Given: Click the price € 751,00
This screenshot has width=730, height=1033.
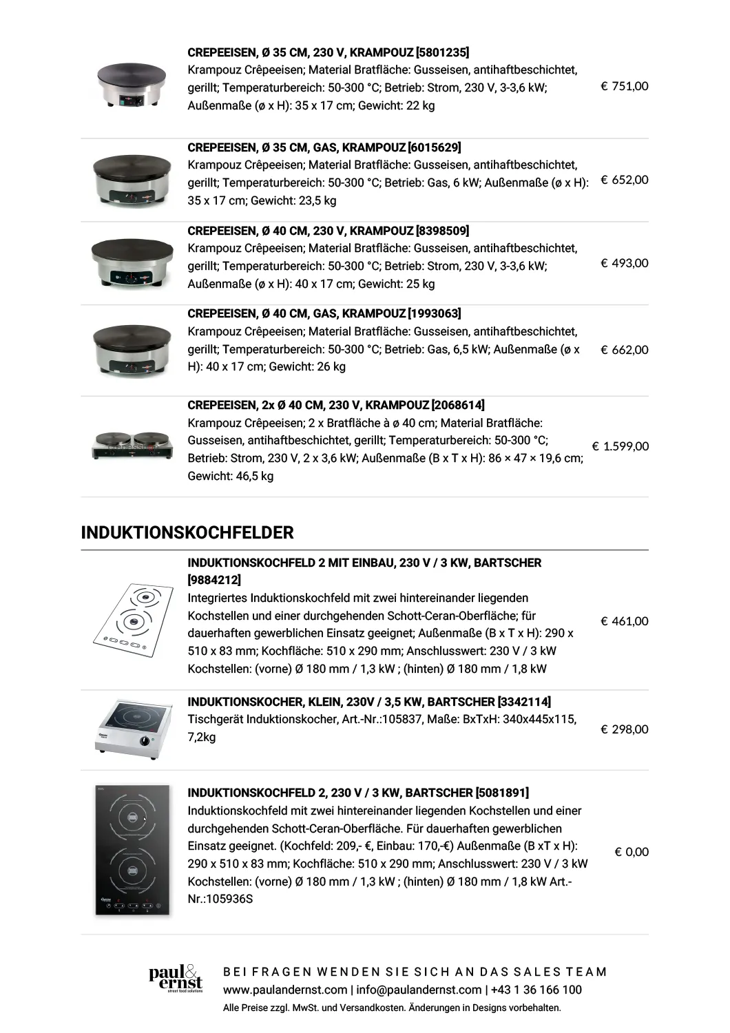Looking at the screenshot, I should [x=624, y=86].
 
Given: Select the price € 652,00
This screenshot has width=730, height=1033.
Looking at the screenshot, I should [x=624, y=180].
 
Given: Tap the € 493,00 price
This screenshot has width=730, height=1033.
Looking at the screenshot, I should [x=624, y=263].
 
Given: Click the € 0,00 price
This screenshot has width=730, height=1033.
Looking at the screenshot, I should [x=632, y=852].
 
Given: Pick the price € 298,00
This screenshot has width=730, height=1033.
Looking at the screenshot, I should [x=624, y=729].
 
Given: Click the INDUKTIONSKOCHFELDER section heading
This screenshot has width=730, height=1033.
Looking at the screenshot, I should [x=187, y=532].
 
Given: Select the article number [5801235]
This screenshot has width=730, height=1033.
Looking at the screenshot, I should [x=443, y=52].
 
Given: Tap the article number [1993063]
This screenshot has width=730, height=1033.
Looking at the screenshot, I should [x=435, y=313].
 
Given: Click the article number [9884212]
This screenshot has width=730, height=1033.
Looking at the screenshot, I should [x=214, y=580].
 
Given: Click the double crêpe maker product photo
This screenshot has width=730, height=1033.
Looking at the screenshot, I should [x=132, y=446].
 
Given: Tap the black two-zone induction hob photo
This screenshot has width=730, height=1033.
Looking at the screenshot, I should [x=132, y=851].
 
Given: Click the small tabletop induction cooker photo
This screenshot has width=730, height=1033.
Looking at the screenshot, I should [x=132, y=729].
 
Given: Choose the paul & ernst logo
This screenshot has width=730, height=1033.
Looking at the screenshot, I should [x=176, y=979].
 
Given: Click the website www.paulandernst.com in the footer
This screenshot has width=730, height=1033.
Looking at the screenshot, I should [x=285, y=990].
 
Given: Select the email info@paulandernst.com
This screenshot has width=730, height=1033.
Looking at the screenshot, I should [x=419, y=990].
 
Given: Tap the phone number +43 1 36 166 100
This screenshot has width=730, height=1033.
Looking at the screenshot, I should [x=536, y=990].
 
